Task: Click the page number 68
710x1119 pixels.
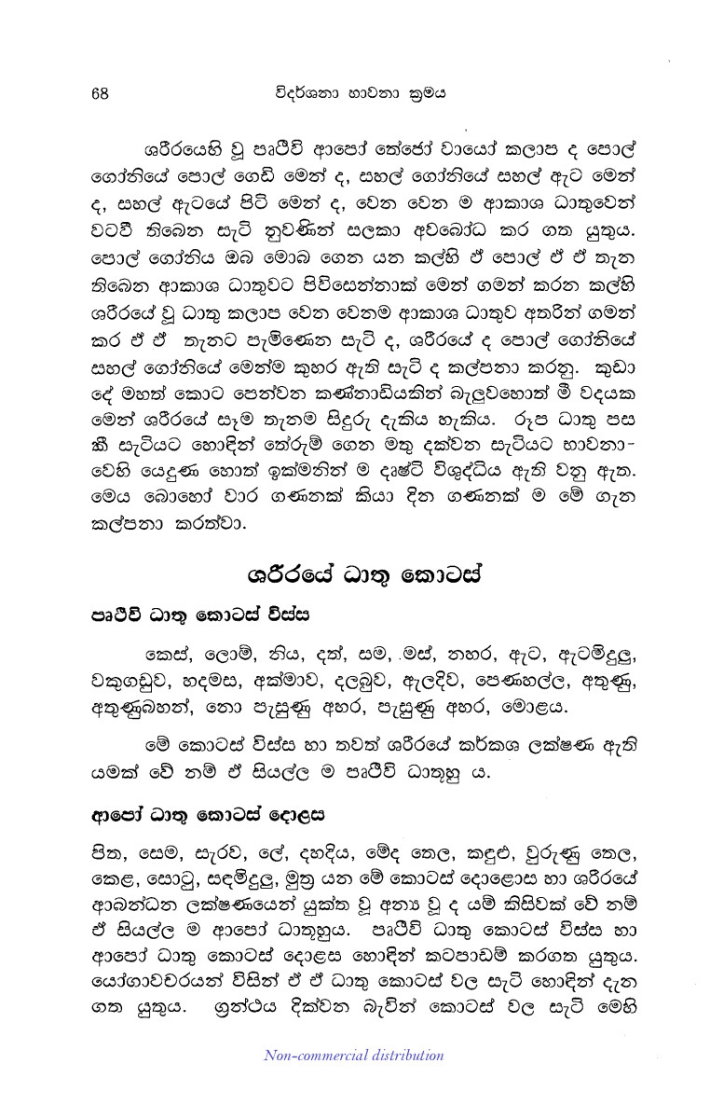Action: [x=102, y=92]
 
